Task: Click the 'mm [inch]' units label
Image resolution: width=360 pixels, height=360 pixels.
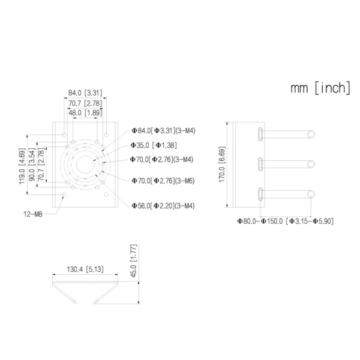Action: [x=320, y=88]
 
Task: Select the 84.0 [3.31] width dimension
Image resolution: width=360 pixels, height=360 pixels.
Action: [x=85, y=92]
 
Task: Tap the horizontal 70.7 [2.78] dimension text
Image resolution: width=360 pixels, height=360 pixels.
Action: [x=85, y=103]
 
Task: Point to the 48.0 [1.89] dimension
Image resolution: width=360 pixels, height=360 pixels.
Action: [x=85, y=112]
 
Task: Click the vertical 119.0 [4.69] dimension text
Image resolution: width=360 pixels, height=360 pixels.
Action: [x=22, y=165]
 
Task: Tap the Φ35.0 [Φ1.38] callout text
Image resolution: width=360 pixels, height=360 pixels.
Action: [x=155, y=145]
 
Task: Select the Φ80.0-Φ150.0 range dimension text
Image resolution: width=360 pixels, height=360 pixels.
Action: [x=285, y=221]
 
